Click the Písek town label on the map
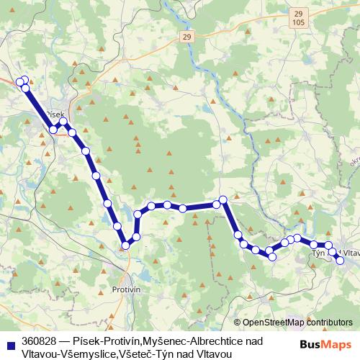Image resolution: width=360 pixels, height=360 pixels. point(55,114)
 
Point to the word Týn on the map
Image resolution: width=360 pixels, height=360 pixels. point(318,253)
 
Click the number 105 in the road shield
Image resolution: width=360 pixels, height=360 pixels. point(299,23)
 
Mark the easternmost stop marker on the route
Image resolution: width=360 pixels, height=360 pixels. point(340,260)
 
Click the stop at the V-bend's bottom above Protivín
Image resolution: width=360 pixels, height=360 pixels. point(125,246)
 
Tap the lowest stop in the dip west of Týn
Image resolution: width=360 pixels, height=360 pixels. point(272,256)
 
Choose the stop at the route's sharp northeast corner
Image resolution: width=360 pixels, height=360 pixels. point(223,199)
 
